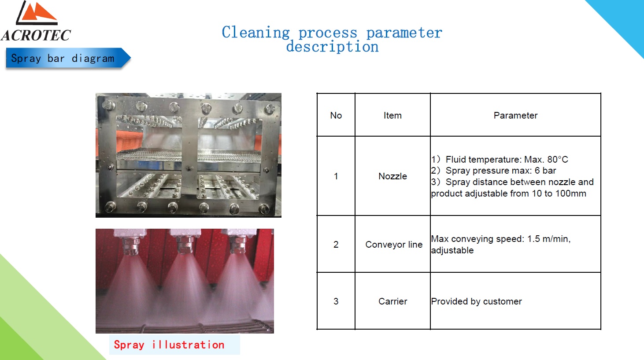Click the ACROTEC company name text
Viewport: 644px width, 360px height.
[36, 36]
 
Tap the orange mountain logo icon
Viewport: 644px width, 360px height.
[37, 12]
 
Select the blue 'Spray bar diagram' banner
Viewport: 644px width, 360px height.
[68, 58]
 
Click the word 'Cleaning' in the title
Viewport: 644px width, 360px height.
[255, 32]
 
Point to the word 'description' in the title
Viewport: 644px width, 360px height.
[332, 47]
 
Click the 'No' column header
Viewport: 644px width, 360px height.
[336, 115]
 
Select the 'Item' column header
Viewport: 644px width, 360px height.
[392, 115]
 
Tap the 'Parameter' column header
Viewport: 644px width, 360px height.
[515, 115]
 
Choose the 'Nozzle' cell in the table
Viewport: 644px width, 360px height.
[392, 176]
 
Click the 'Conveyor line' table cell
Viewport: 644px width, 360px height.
[394, 245]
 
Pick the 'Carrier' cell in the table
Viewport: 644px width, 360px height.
[393, 301]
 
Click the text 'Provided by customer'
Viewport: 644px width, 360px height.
[476, 301]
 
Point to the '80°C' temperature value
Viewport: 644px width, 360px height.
[558, 160]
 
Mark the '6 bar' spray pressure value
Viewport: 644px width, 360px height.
[545, 171]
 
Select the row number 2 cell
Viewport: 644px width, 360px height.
[336, 245]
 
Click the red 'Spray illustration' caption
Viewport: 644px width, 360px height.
[169, 345]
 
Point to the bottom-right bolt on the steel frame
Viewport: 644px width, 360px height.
[264, 208]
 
